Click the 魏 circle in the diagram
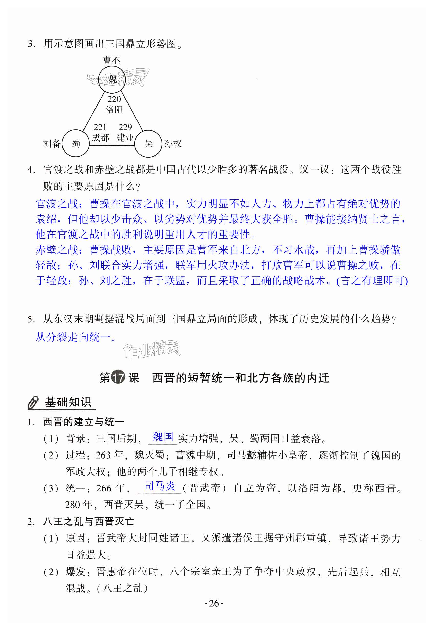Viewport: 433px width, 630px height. (112, 79)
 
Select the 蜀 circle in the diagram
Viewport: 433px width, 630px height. (76, 143)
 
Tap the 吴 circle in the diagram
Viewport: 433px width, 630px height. (149, 143)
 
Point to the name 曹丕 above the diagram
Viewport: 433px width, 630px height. (111, 60)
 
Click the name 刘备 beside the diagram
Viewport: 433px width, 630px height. (51, 143)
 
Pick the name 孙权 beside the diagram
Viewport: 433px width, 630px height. (173, 143)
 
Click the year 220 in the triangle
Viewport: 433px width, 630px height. (114, 99)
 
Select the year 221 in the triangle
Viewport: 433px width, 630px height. (100, 127)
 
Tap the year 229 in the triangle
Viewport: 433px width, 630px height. (125, 127)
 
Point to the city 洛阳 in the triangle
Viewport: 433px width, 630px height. (114, 110)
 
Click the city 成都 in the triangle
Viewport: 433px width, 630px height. (100, 138)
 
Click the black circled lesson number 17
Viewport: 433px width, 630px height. (118, 377)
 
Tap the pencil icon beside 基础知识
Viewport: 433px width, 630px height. (34, 402)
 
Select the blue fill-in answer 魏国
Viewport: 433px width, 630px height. (163, 437)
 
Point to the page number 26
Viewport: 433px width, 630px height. (214, 603)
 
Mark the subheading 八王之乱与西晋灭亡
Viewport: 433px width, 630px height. (88, 521)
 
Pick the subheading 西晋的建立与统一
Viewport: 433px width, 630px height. (83, 422)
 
